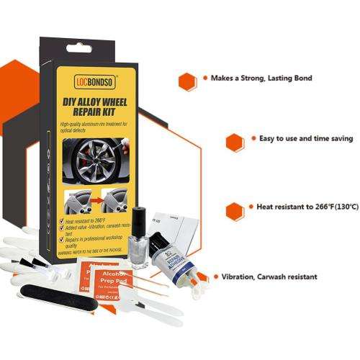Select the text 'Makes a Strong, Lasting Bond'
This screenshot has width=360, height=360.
pyautogui.click(x=261, y=78)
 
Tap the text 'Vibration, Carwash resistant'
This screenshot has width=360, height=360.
pyautogui.click(x=269, y=276)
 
